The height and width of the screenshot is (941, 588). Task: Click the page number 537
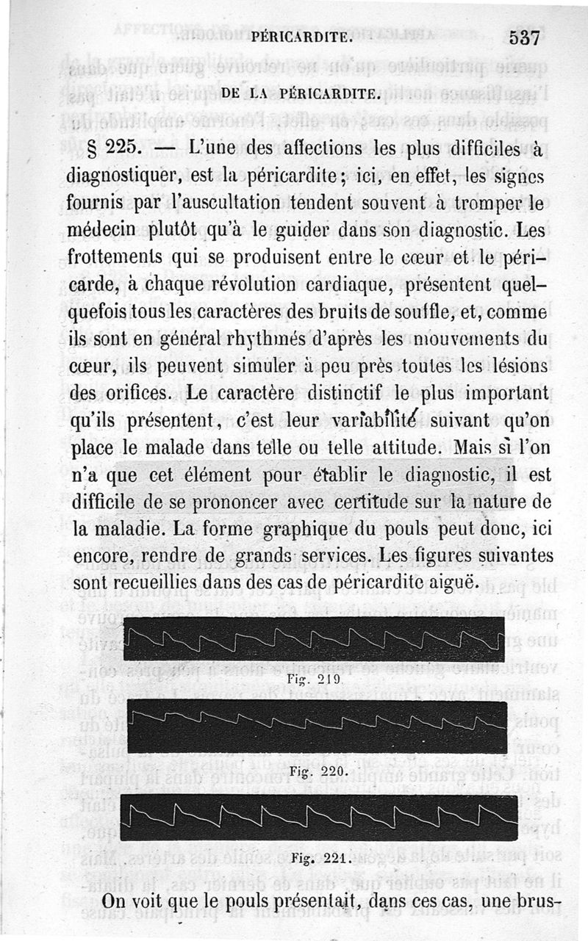524,37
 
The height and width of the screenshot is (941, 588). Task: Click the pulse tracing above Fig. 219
314,639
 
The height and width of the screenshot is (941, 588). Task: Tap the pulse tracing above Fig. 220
317,727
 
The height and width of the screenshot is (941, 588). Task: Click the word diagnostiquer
129,177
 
